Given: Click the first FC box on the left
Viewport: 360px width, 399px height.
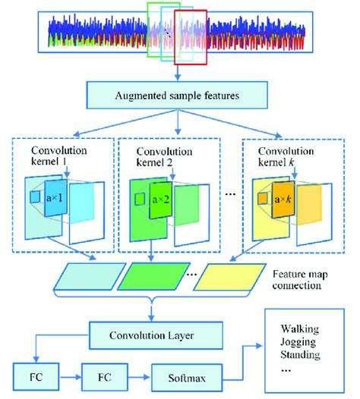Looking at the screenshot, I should click(36, 375).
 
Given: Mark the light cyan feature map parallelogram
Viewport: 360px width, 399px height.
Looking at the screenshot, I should click(81, 277).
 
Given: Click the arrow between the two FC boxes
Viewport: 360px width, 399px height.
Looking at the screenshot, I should click(74, 375).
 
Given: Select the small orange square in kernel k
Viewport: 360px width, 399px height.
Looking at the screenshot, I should click(262, 199).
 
